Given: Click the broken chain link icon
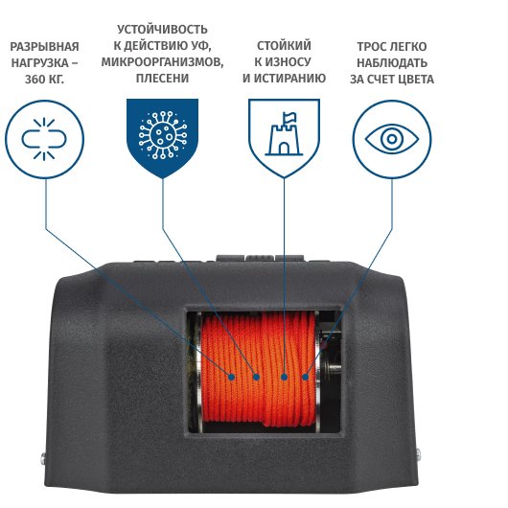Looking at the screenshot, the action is pos(44,139).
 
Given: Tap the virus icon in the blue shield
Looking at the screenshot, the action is pos(163,135).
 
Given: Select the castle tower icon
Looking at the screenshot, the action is pos(284,134).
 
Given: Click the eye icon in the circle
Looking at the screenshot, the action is pos(392,139).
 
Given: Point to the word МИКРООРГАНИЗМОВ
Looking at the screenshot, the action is pos(162,61).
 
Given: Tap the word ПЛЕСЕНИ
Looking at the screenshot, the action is pos(162,78).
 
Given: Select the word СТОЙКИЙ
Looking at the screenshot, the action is pos(284,45).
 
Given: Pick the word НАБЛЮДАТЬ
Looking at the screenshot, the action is pos(392,62).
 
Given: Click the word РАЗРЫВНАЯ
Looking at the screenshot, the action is pos(44,47).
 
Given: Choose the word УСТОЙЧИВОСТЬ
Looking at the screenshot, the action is pos(162,30).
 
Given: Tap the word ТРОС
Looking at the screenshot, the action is pos(370,47).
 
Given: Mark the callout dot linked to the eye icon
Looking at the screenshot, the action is pos(305,377).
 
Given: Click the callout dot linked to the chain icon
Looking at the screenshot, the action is pos(231,377).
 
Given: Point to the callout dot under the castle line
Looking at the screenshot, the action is pos(284,377).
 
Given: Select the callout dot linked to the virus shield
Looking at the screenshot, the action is pos(257,377).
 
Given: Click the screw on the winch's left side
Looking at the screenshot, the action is pos(43,458).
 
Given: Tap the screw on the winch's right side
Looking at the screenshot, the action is pos(419,453).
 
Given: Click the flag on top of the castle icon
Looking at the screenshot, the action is pos(289,117).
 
